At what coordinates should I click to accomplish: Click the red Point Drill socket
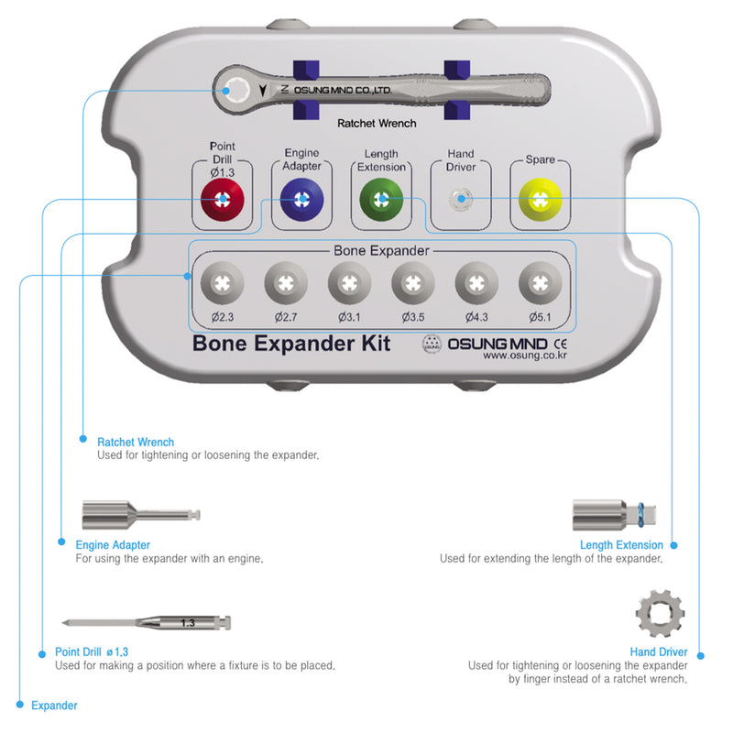tap(222, 198)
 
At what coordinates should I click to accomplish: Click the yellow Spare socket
tap(541, 198)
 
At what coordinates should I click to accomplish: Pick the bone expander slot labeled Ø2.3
tap(222, 282)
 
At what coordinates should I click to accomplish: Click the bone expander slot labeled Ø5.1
tap(541, 282)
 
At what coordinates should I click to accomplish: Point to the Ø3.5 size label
tap(413, 316)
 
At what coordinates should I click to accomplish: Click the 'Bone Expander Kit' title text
tap(291, 344)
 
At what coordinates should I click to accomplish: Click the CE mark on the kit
tap(561, 344)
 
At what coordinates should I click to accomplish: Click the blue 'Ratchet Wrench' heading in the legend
tap(136, 443)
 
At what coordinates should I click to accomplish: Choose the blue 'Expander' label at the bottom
tap(54, 706)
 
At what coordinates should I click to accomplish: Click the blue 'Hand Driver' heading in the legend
tap(659, 651)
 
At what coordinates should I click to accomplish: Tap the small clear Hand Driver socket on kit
tap(461, 198)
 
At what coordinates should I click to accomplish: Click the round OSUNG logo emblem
tap(432, 345)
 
